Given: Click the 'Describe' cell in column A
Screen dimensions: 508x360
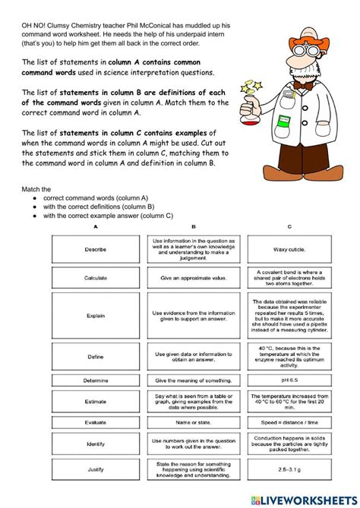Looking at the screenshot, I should tap(96, 248).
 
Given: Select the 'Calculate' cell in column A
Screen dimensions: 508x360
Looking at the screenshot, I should tap(96, 277).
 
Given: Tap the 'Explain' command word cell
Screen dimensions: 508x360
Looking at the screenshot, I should tap(96, 315).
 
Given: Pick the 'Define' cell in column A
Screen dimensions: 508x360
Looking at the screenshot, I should tap(96, 355).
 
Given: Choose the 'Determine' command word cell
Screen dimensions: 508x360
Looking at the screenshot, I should tap(96, 380).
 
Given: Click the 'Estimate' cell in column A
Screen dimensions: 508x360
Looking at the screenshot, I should tap(96, 401).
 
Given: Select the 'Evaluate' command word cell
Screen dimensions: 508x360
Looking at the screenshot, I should tap(96, 422).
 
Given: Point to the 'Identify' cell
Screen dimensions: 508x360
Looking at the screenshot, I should tap(96, 443).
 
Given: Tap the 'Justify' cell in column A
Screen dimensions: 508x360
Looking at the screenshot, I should tap(96, 469).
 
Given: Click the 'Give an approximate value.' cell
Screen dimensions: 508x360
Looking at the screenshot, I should tap(193, 277).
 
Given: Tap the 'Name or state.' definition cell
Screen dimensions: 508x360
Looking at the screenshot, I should tap(193, 422).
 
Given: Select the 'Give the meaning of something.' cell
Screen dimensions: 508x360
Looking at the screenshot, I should tap(193, 380).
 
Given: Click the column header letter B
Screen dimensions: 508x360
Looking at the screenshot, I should tap(193, 226).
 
